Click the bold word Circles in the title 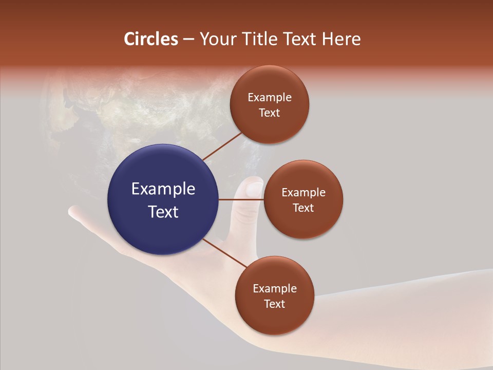tap(151, 39)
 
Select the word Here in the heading tap(342, 39)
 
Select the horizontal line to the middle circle tap(241, 199)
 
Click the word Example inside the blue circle tap(163, 189)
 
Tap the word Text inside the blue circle tap(163, 212)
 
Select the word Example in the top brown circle tap(269, 98)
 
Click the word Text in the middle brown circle tap(303, 208)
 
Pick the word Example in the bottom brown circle tap(274, 289)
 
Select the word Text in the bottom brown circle tap(274, 304)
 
